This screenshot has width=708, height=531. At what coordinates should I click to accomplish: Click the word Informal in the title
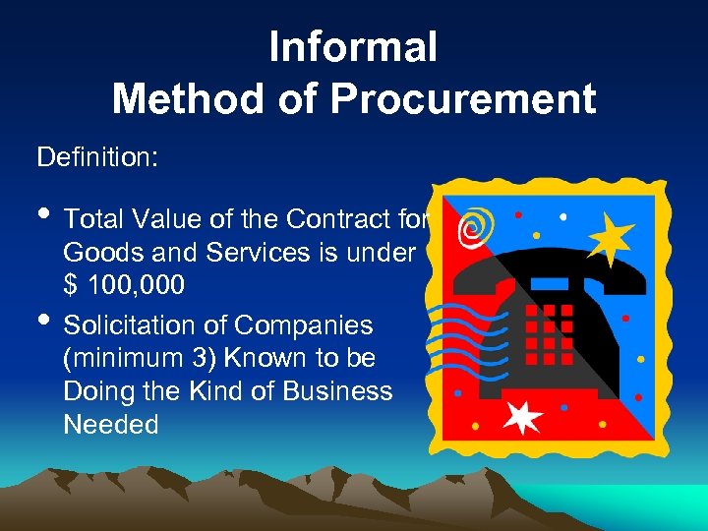coord(353,47)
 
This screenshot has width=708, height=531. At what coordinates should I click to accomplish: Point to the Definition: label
coord(96,156)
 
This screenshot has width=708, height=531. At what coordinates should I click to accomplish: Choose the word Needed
coord(110,425)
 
